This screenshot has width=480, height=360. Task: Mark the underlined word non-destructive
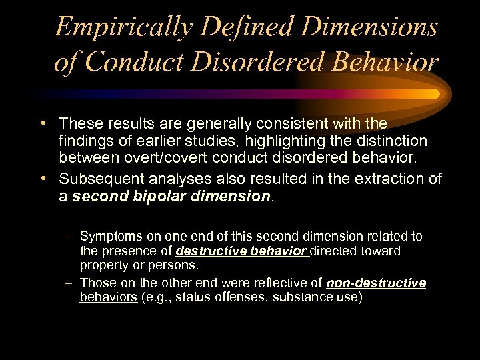376,283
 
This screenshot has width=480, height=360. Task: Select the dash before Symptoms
69,236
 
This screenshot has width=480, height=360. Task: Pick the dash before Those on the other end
69,283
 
